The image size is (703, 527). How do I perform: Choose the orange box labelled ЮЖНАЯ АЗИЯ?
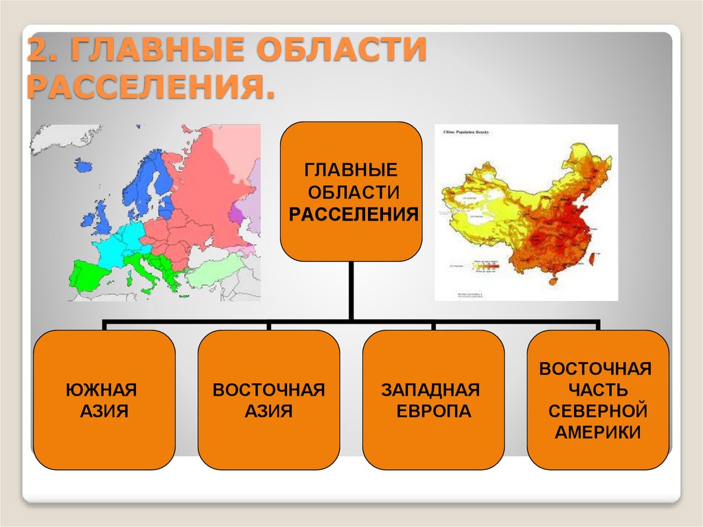[x=104, y=400]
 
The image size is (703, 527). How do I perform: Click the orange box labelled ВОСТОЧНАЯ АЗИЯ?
[x=268, y=400]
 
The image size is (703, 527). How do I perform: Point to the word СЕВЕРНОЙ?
[x=598, y=411]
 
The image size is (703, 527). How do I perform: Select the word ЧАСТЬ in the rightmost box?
[x=598, y=390]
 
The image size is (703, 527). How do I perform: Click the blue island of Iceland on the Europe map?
[x=84, y=165]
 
